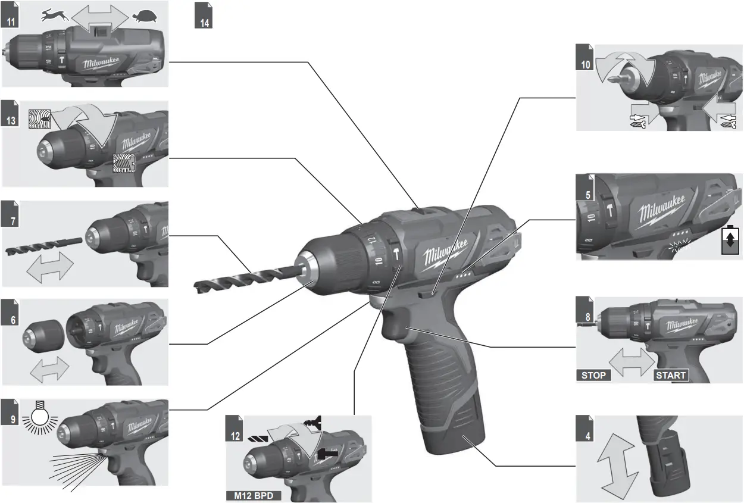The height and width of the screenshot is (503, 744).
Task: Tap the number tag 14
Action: [x=204, y=20]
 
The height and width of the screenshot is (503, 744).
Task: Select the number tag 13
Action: [x=10, y=119]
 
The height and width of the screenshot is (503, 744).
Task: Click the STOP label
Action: [x=593, y=375]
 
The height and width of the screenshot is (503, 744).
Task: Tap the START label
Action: [x=671, y=375]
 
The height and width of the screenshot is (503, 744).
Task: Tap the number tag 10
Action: [x=586, y=64]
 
